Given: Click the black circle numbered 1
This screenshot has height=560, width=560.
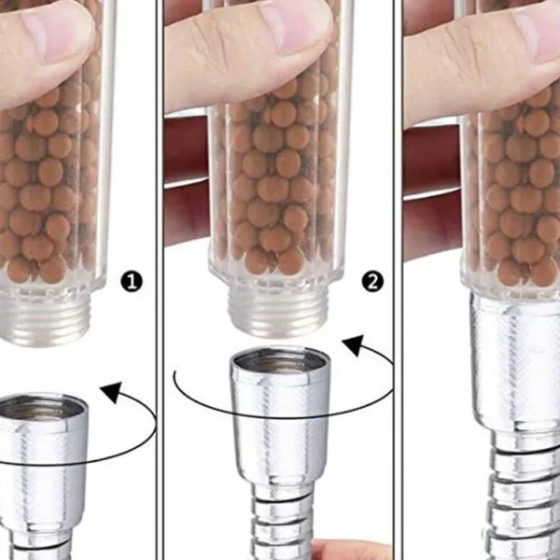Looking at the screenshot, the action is tap(132, 282).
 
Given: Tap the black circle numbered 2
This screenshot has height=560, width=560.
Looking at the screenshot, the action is tap(372, 282).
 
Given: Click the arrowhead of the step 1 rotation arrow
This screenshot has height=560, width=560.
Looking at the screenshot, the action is tap(111, 392).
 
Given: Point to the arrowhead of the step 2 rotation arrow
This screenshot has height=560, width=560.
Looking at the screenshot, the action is tap(354, 345).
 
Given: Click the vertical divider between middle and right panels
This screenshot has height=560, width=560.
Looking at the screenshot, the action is tap(399, 280).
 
